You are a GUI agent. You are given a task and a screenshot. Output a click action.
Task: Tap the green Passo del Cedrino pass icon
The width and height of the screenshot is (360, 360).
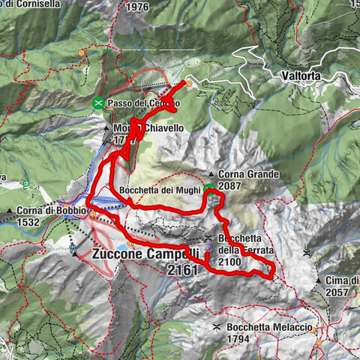coord(98,103)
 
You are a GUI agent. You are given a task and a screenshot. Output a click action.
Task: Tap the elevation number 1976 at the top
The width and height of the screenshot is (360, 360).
coord(138,7)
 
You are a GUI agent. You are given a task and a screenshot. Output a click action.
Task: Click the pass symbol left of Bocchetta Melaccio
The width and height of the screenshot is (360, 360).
coord(216,328)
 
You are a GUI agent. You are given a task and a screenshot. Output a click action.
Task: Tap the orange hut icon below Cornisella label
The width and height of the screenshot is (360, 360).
coord(80,53)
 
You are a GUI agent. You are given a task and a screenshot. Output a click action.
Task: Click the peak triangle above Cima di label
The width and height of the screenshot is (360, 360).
coord(307,252)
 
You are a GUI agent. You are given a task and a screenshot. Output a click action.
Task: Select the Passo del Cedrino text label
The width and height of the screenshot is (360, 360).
coord(139,103)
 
